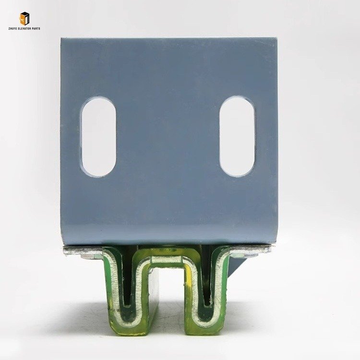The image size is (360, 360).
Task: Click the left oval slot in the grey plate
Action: (x=99, y=137)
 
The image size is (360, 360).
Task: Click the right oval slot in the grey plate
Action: (x=237, y=136)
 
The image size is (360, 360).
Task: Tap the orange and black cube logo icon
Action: (x=24, y=18)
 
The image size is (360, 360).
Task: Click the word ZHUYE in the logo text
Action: (x=12, y=28)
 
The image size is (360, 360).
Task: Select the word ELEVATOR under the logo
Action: (x=24, y=28)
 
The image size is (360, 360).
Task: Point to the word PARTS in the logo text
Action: (x=36, y=28)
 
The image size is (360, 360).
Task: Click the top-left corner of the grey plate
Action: (x=61, y=38)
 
